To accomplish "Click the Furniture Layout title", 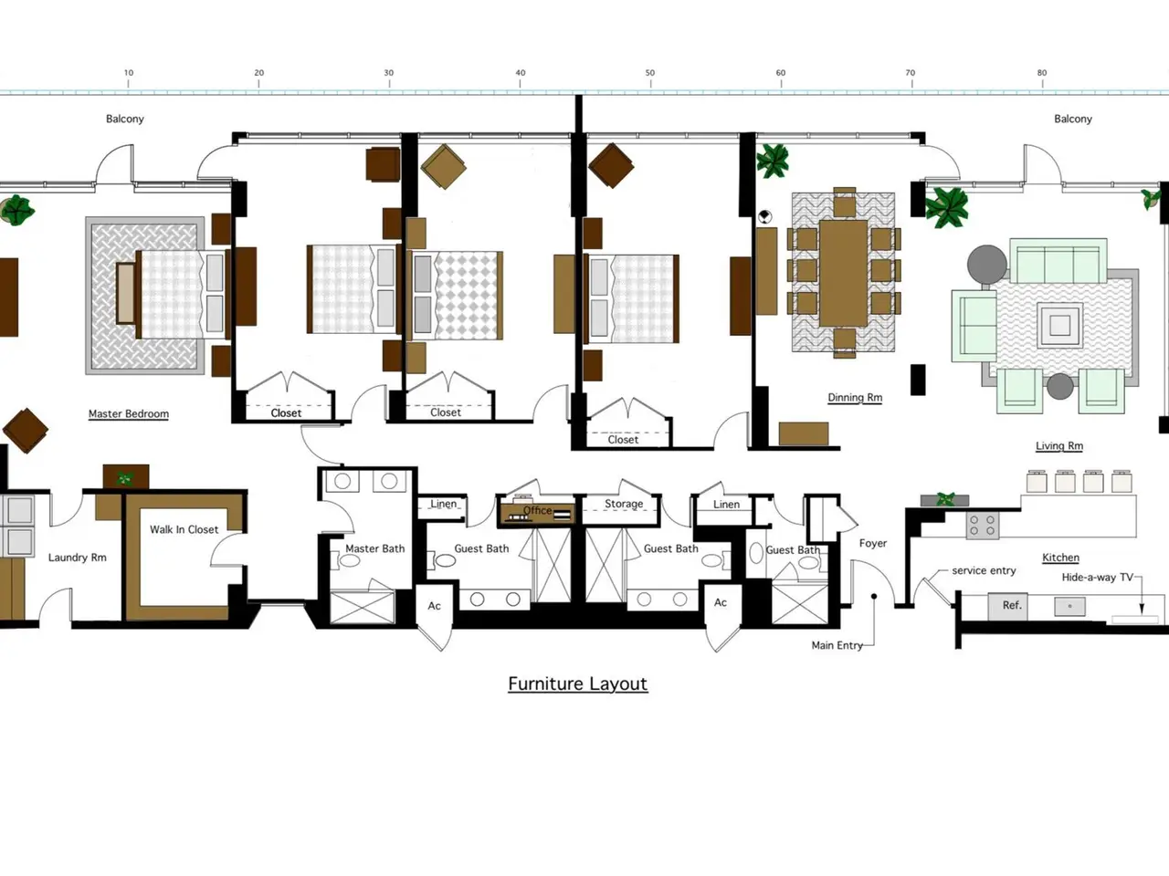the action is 578,683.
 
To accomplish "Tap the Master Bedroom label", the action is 129,413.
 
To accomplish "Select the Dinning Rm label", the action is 855,398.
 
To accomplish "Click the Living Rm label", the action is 1059,445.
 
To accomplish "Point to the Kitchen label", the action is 1061,558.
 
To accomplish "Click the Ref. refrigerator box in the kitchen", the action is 1008,606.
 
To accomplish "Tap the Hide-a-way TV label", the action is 1097,577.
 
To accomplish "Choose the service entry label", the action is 984,570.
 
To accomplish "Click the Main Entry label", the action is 837,645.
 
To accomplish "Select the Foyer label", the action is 873,543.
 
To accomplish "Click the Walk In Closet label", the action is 184,529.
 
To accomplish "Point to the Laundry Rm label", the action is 78,558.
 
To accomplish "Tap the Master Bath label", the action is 375,548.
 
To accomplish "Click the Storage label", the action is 624,504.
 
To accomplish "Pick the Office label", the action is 537,511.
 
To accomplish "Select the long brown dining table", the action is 844,273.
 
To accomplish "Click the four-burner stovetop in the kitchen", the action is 983,524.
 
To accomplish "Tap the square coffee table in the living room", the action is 1059,325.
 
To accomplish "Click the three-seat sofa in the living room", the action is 1058,261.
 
